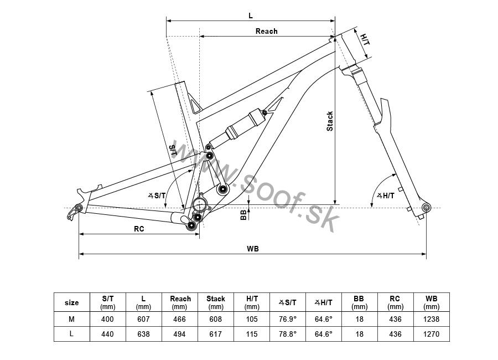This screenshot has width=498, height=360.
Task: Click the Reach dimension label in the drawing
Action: (267, 31)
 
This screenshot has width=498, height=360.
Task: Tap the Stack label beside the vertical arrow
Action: (330, 121)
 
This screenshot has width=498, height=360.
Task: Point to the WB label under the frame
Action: (253, 249)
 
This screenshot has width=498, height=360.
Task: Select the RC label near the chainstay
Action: (139, 229)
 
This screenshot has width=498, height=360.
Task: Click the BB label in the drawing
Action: (243, 215)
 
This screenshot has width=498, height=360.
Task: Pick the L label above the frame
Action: (251, 16)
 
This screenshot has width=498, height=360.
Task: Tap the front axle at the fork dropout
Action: (426, 208)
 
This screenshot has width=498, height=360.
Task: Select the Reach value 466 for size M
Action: (179, 320)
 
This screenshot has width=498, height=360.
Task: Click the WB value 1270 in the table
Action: (431, 334)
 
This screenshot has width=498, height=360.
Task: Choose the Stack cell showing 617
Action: (216, 334)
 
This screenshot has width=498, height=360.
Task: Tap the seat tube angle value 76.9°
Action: (288, 320)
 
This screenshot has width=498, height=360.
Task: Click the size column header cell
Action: (72, 302)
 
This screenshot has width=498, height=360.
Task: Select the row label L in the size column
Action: (71, 334)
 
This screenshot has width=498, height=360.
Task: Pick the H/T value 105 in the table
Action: (252, 320)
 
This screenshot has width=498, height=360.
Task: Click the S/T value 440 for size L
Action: (107, 334)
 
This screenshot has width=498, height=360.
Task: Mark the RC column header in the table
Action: (395, 302)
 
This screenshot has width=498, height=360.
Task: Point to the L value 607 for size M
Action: (143, 320)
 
